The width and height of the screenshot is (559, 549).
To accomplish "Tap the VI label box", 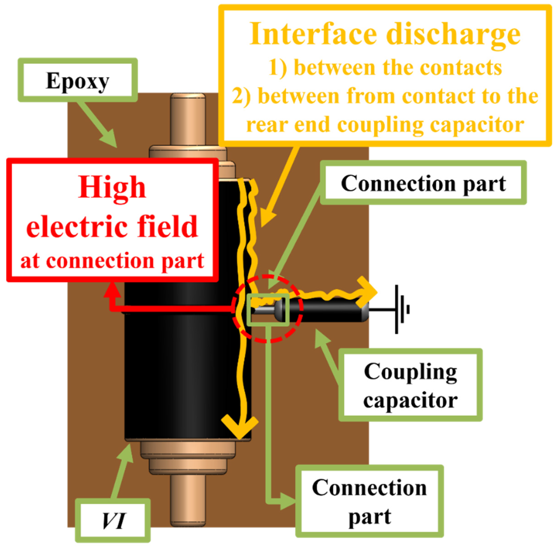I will (113, 520).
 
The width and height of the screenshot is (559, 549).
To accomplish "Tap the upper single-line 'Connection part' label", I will (423, 183).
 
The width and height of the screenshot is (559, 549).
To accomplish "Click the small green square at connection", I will (268, 310).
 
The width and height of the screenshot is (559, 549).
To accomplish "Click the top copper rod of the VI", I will (188, 118).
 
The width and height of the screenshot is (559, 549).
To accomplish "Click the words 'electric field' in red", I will (112, 227).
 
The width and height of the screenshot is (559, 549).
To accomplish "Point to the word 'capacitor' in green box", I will (410, 400).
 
